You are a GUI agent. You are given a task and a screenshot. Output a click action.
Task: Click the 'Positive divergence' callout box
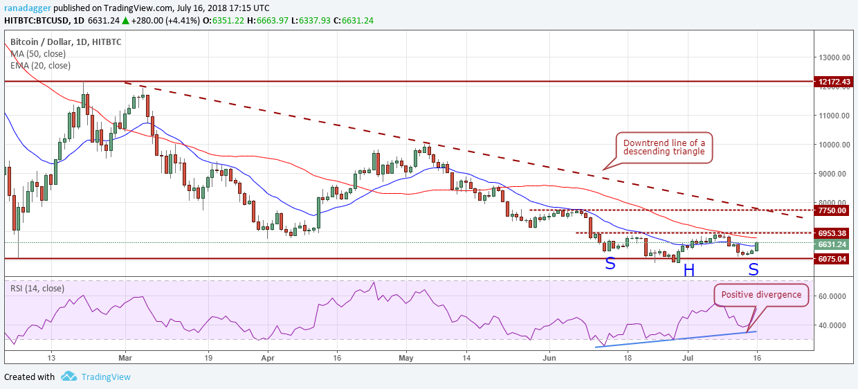761,295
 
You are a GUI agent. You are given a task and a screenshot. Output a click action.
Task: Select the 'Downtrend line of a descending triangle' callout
664,148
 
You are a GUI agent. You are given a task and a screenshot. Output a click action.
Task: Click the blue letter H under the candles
688,271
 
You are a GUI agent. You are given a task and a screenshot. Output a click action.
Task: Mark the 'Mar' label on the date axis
125,358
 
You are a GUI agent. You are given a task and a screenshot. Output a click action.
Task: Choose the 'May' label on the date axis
406,358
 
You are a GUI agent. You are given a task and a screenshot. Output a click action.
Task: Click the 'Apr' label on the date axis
268,358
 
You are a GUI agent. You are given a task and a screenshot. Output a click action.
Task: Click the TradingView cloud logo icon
69,377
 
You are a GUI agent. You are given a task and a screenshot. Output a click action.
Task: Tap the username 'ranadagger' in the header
28,8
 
